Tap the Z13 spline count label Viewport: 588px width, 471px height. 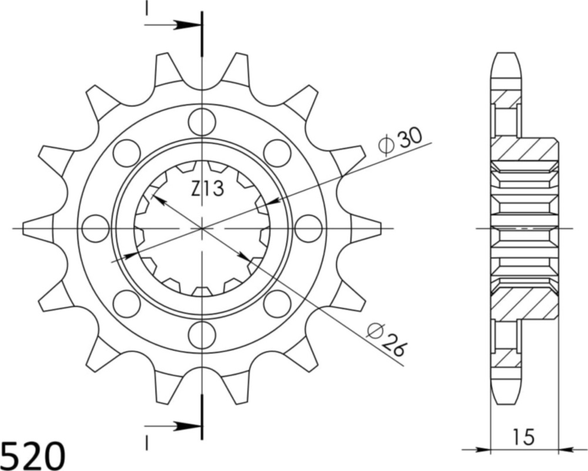click(206, 189)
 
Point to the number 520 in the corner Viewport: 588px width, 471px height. click(33, 455)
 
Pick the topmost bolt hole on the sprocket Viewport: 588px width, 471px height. click(202, 121)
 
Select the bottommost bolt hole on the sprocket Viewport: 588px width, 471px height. click(202, 334)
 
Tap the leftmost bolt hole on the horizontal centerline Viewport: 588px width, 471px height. click(95, 228)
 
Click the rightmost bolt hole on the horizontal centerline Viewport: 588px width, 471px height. click(308, 228)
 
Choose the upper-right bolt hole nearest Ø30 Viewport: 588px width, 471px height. click(278, 153)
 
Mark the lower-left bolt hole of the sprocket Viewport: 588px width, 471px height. click(126, 303)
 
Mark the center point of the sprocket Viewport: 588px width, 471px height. click(202, 228)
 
